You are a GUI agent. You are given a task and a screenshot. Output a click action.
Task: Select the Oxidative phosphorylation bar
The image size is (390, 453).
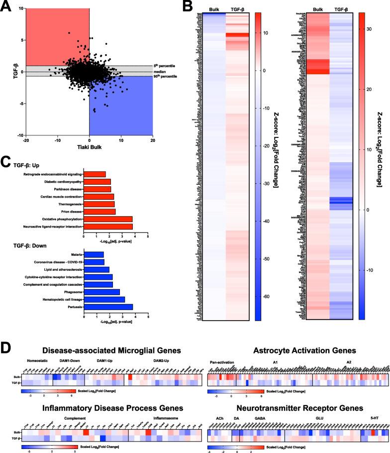[108, 219]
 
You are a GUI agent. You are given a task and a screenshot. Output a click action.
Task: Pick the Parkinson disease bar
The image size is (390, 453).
[97, 189]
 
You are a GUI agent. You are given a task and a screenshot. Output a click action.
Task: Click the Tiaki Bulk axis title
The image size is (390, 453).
[90, 148]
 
